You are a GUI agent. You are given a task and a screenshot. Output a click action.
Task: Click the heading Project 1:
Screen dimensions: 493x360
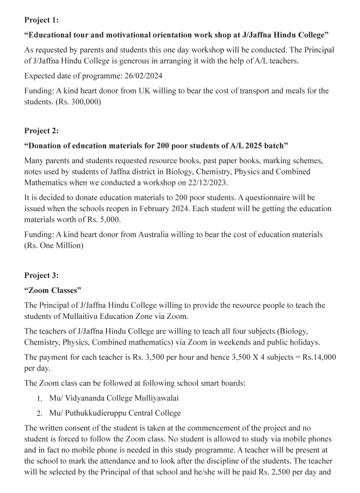[x=41, y=20]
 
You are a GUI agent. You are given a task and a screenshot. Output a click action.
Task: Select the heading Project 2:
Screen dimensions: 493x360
[x=41, y=131]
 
